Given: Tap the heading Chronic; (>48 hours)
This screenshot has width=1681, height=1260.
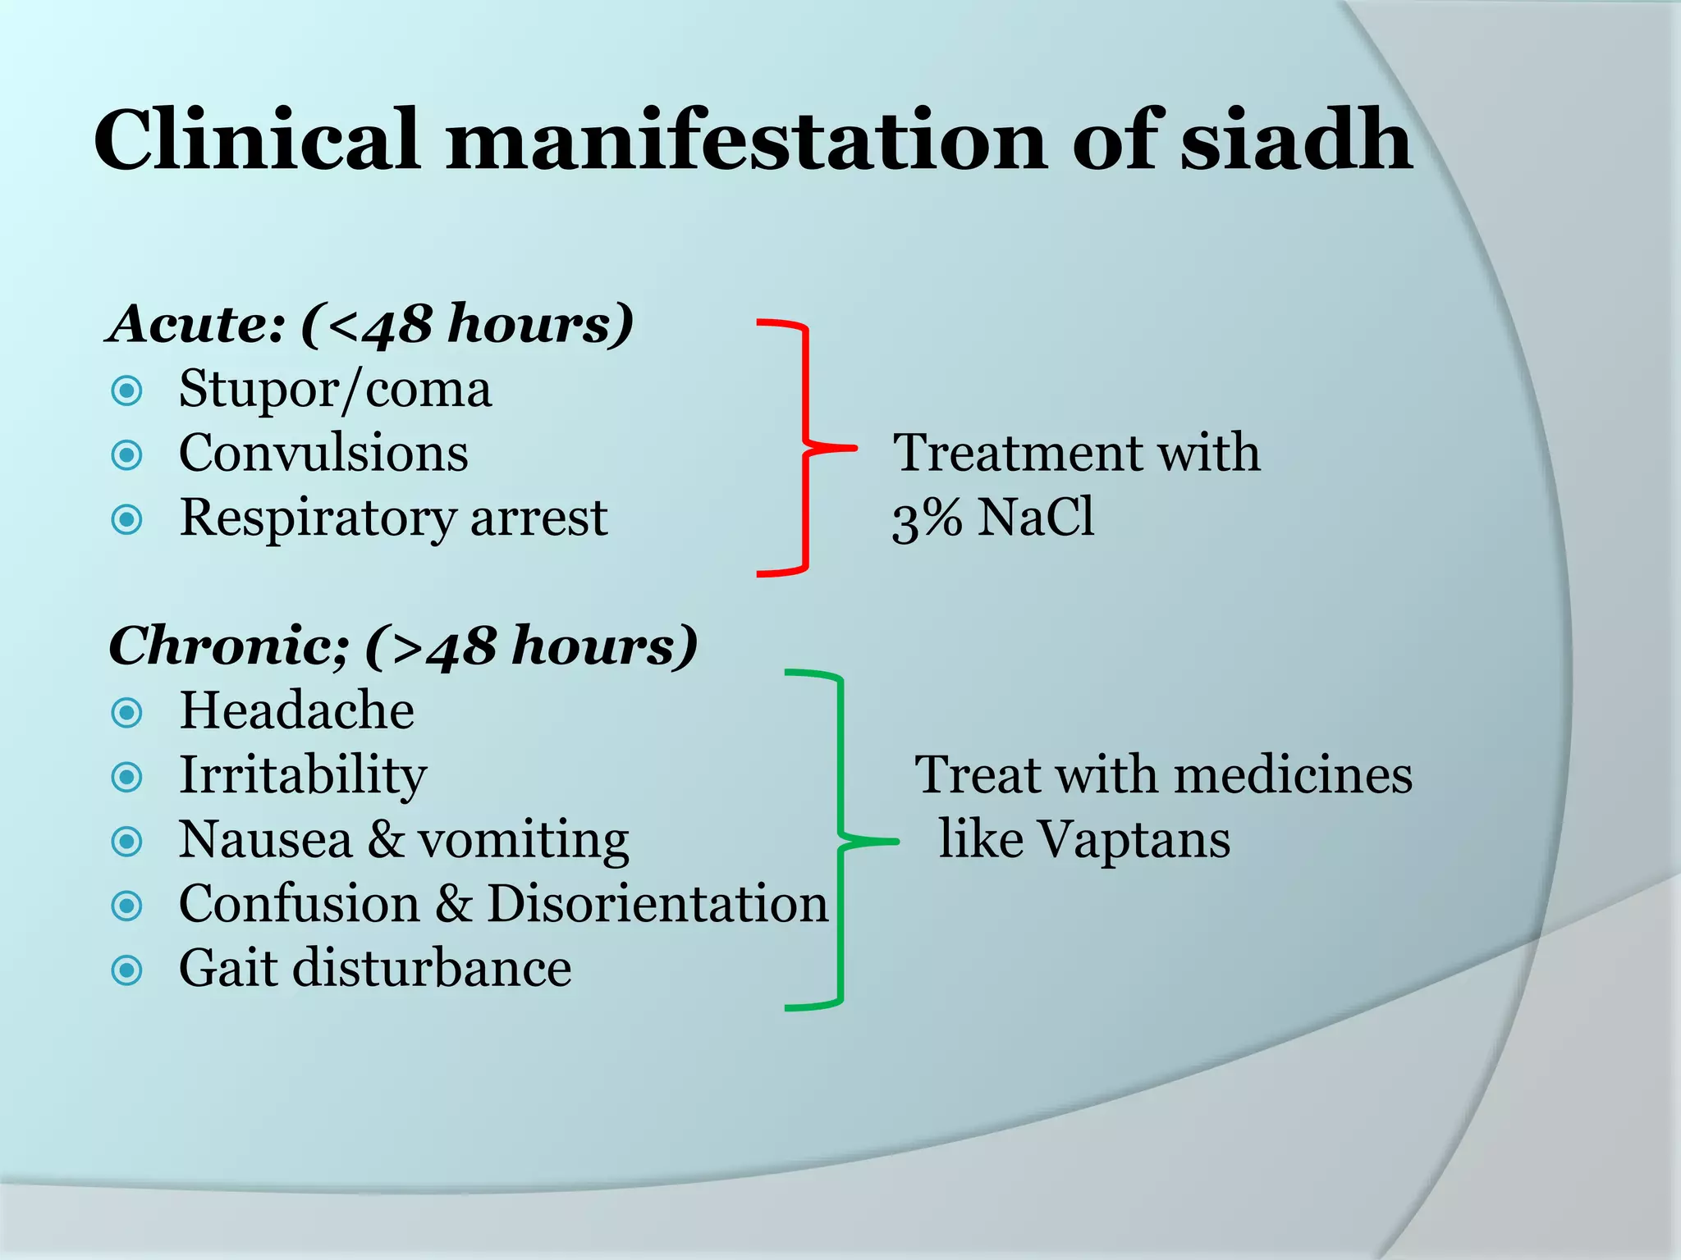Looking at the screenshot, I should [x=403, y=646].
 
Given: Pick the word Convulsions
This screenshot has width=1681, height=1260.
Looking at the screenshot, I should [x=323, y=453].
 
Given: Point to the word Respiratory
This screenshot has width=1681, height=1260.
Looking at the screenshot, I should [x=317, y=518].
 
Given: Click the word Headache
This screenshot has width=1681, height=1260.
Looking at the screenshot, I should [x=296, y=710].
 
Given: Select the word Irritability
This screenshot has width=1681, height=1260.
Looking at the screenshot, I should [x=303, y=775].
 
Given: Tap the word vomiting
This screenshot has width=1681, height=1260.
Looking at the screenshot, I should [x=523, y=840].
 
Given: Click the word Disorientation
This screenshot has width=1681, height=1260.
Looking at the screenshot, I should [x=657, y=904].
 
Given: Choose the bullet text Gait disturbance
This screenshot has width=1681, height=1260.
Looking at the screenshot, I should [x=375, y=969].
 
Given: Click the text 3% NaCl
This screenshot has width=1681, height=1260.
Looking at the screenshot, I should [x=993, y=518].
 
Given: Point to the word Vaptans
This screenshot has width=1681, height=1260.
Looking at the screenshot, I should [x=1133, y=840].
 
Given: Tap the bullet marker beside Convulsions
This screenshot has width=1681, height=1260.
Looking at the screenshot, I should [x=127, y=454].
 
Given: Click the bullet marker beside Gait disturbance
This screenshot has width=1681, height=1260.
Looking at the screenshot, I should [x=127, y=970].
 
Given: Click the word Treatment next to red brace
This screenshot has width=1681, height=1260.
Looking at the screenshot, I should [x=1017, y=453].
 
